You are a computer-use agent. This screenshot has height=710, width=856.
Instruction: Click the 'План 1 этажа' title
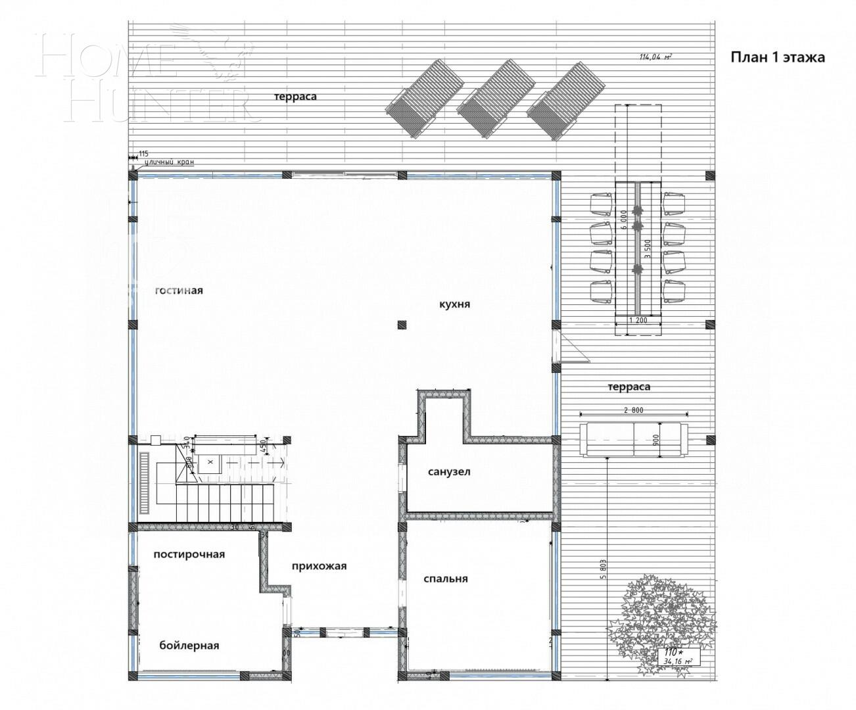778,57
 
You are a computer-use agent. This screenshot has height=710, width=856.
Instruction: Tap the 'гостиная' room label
179,291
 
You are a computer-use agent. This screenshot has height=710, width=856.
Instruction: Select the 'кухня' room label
455,304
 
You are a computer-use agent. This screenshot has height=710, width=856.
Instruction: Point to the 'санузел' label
449,471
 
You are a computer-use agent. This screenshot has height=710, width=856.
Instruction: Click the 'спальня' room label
446,579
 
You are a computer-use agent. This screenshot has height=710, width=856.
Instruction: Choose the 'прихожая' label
319,566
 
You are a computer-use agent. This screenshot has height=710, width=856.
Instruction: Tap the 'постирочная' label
189,554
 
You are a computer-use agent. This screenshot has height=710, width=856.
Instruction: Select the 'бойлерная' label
189,645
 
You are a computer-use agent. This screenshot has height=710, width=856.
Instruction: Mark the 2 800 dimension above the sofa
633,410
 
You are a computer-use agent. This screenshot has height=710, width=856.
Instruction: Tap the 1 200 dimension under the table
638,320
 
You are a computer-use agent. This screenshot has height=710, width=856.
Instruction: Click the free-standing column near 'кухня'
402,323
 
